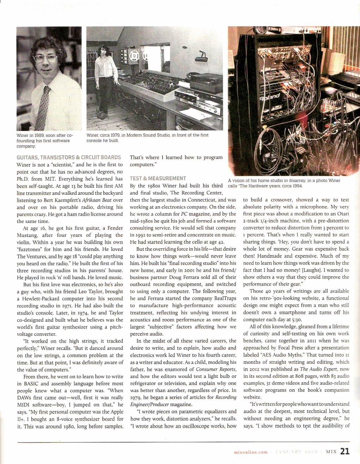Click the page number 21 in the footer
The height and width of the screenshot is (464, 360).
tap(345, 451)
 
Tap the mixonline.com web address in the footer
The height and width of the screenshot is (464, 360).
tap(251, 452)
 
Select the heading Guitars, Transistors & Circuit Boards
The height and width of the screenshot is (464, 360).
tap(69, 157)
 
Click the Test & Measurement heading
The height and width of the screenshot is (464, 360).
tap(158, 179)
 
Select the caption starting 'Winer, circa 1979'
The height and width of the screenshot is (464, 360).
tap(147, 138)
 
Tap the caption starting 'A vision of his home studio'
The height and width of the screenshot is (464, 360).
tap(284, 183)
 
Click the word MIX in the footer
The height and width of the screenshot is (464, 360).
tap(331, 452)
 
